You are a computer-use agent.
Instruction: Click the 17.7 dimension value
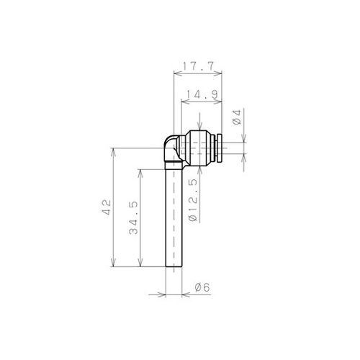coord(198,66)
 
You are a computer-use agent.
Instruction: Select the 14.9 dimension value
coord(202,94)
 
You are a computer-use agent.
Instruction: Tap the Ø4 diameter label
coord(237,117)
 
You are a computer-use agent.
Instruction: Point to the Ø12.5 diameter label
coord(193,200)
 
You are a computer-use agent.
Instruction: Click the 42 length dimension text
coord(107,207)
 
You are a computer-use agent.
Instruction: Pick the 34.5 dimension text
coord(133,218)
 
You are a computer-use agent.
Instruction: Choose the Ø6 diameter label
coord(202,287)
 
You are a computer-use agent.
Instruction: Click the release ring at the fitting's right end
coord(219,148)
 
